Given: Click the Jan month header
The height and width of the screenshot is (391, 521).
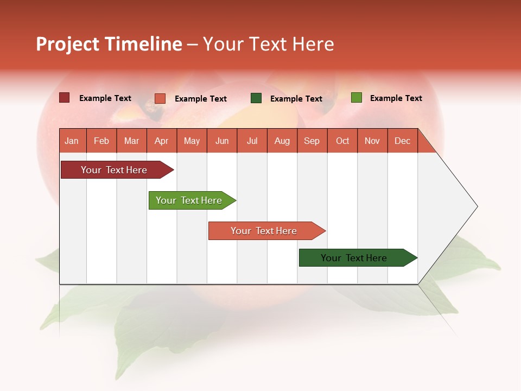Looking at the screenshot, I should pyautogui.click(x=72, y=141).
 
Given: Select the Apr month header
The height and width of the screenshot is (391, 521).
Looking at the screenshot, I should pyautogui.click(x=161, y=141).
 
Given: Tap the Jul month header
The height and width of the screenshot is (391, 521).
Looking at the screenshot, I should pyautogui.click(x=252, y=141).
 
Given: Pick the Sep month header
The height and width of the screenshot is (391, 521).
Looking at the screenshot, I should pyautogui.click(x=312, y=141).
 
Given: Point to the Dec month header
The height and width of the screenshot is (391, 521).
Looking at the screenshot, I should pyautogui.click(x=402, y=141).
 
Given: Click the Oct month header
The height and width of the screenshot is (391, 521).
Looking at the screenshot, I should pyautogui.click(x=342, y=141).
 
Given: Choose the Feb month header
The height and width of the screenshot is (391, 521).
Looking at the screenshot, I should pyautogui.click(x=101, y=141).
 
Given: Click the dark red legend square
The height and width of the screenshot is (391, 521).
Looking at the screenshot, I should pyautogui.click(x=64, y=98).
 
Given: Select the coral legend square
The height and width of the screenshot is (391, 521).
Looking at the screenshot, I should pyautogui.click(x=160, y=98).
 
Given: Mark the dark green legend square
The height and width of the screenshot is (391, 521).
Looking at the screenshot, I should pyautogui.click(x=256, y=98).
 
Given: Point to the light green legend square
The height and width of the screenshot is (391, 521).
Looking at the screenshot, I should pyautogui.click(x=356, y=98).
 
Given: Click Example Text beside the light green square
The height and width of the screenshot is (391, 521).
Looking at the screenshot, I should pyautogui.click(x=396, y=98).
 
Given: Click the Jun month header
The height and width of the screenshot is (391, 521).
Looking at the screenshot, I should pyautogui.click(x=222, y=141).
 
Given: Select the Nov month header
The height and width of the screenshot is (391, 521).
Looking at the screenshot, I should pyautogui.click(x=372, y=141).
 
